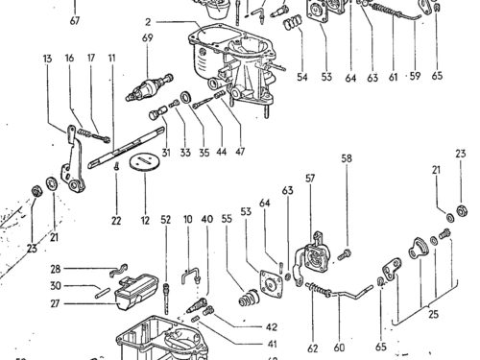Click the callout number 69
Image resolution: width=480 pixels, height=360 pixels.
(x=148, y=37)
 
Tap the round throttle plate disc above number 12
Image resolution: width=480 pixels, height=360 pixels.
(x=144, y=163)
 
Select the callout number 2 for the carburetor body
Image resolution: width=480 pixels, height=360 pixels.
(x=148, y=22)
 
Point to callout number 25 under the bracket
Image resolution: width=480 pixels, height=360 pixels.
(x=433, y=314)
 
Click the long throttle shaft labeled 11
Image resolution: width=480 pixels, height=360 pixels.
(x=126, y=148)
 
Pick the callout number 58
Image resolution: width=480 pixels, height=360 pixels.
(x=347, y=158)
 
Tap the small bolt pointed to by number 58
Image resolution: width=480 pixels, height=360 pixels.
(x=345, y=254)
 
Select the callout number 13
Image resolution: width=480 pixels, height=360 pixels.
(x=47, y=59)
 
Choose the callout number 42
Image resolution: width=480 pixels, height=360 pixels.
(x=272, y=327)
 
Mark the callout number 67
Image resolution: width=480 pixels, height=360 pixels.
(x=75, y=21)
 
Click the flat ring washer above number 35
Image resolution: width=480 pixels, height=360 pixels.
(x=185, y=97)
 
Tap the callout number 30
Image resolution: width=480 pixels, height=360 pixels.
(x=56, y=285)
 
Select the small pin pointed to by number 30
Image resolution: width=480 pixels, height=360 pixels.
(x=103, y=293)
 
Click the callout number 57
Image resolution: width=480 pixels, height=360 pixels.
(x=310, y=179)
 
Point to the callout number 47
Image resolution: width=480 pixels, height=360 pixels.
(x=240, y=151)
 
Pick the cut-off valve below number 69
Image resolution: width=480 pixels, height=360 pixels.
(x=150, y=88)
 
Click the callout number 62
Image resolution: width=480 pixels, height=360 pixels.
(x=313, y=348)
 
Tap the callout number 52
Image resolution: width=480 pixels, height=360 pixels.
(x=166, y=220)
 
